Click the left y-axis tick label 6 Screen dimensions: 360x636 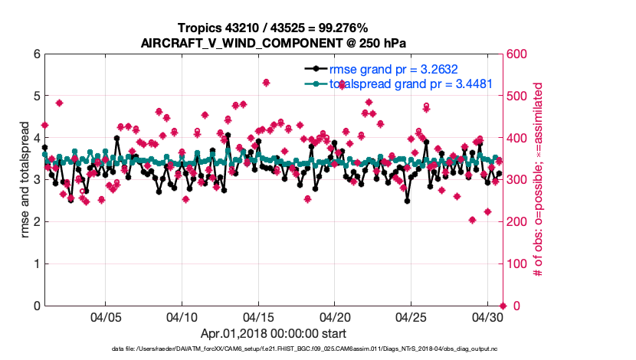(36, 54)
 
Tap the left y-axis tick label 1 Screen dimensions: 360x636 (36, 264)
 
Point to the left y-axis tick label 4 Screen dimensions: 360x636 (36, 138)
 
